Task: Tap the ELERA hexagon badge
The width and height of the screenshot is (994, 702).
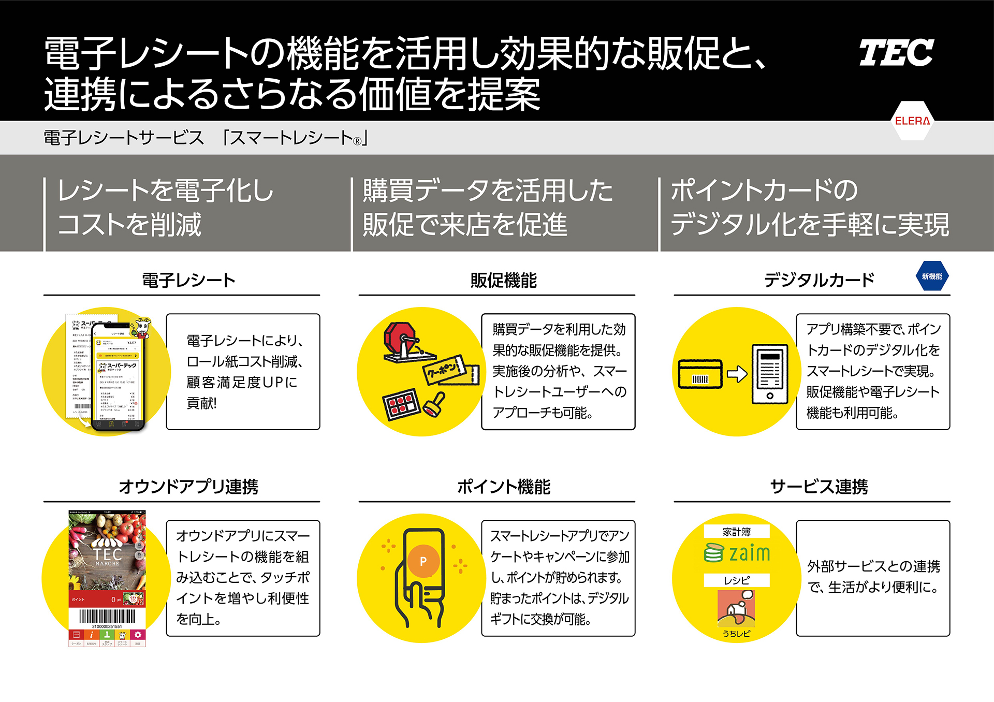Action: coord(912,121)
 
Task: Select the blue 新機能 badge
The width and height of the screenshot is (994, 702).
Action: coord(932,276)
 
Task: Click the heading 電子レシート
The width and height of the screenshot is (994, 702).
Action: coord(188,281)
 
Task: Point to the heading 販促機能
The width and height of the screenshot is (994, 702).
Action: coord(503,281)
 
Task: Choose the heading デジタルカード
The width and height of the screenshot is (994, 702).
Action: coord(819,281)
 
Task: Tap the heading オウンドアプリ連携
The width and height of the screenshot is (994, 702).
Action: coord(188,487)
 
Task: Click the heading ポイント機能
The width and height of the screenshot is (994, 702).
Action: coord(503,487)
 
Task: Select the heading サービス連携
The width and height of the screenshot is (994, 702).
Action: coord(819,487)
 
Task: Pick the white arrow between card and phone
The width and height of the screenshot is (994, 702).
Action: coord(737,373)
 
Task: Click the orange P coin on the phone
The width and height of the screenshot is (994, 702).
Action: coord(423,561)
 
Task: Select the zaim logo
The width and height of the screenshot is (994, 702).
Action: coord(737,553)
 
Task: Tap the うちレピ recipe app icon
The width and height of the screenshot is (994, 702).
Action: coord(736,609)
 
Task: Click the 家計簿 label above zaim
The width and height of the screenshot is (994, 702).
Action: coord(736,532)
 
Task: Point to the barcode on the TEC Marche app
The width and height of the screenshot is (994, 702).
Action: coord(107,616)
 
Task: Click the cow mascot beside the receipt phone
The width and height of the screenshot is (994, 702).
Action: coord(142,328)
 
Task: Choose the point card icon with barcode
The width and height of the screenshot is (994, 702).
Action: coord(700,374)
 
